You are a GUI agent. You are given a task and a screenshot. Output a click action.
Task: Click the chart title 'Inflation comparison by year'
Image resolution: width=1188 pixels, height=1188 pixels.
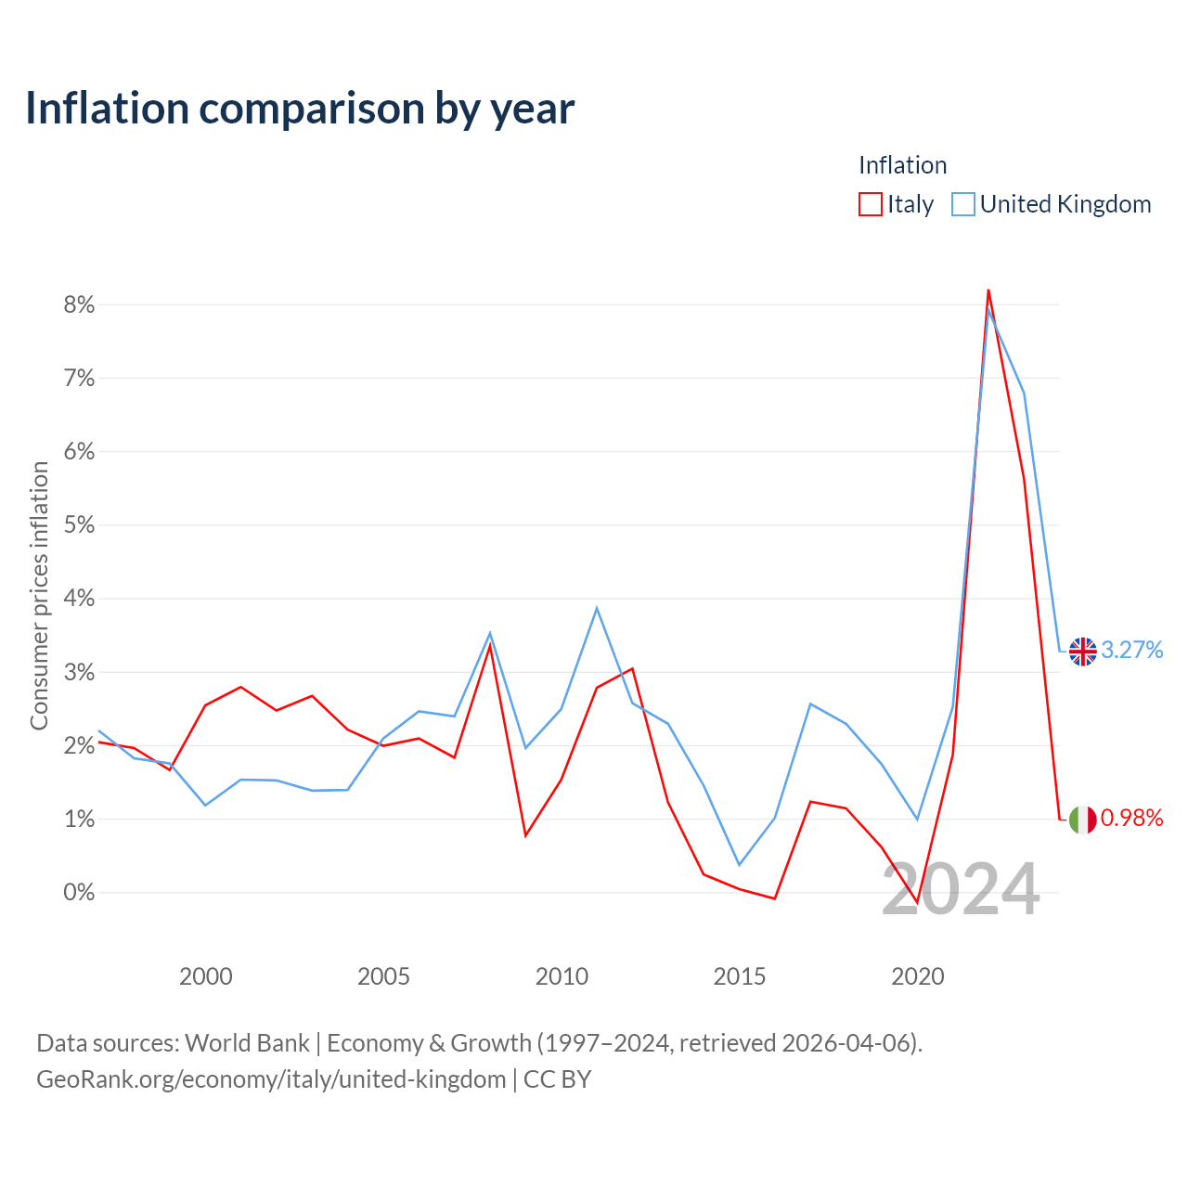click(300, 110)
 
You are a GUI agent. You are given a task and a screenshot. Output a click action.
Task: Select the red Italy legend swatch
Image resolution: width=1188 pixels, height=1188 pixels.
click(870, 204)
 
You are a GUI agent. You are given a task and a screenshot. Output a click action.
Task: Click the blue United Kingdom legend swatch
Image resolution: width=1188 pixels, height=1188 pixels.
click(962, 204)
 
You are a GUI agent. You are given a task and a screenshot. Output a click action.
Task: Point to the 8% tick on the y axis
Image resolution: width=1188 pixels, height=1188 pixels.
click(79, 304)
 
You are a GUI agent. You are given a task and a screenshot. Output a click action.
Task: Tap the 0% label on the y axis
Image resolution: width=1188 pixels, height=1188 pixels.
click(79, 892)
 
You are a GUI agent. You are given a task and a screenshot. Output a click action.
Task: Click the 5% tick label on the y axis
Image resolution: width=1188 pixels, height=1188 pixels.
click(79, 525)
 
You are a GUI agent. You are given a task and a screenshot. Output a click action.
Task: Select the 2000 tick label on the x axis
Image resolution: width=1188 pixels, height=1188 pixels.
click(205, 976)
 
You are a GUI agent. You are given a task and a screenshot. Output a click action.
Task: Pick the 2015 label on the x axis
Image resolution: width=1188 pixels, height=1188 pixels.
click(739, 976)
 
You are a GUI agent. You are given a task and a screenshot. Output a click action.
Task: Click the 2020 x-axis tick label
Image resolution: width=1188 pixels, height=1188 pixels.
click(917, 976)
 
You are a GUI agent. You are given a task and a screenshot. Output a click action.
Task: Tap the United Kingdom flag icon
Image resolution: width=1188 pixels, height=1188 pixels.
click(1082, 652)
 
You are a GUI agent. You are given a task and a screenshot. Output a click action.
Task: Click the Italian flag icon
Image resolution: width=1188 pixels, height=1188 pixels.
click(1082, 820)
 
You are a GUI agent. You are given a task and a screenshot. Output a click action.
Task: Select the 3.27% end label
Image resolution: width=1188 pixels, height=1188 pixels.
click(1132, 650)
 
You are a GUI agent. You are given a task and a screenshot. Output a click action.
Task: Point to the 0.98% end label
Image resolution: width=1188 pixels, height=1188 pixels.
click(1132, 818)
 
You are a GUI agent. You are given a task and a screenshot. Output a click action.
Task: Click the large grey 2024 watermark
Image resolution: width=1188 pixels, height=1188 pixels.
click(962, 888)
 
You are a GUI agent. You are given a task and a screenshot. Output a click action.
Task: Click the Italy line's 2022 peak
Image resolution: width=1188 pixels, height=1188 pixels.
click(988, 290)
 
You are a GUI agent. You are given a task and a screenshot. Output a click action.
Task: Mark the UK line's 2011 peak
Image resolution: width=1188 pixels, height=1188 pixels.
click(596, 608)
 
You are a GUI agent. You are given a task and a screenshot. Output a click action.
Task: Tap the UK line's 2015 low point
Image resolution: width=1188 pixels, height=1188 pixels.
click(739, 865)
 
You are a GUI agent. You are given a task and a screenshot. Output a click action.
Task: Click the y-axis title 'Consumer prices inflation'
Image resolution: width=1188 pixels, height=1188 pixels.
click(39, 596)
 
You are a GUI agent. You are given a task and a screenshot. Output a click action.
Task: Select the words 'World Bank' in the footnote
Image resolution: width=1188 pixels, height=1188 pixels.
click(247, 1043)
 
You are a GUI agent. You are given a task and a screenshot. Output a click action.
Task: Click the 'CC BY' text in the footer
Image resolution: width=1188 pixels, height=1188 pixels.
click(557, 1079)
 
